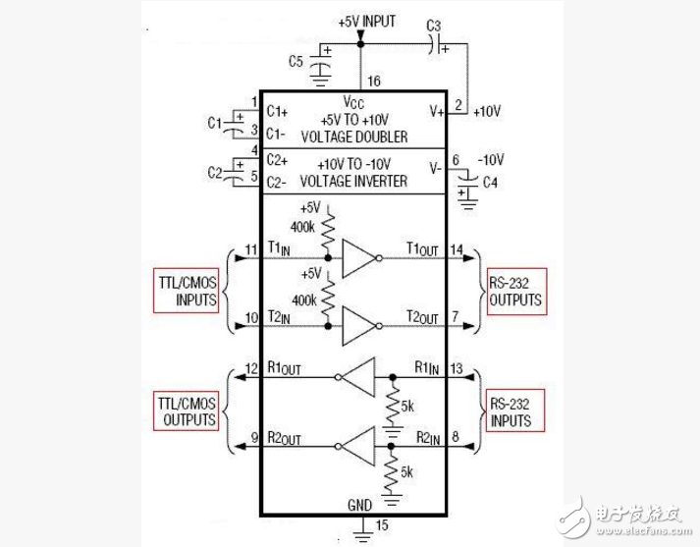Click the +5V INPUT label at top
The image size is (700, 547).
click(366, 21)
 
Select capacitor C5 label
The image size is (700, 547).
click(296, 61)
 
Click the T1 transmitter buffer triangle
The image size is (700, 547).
click(359, 259)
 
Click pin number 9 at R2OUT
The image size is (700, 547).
click(255, 438)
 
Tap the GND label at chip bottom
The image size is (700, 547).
click(359, 504)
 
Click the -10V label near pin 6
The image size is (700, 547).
click(491, 159)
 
